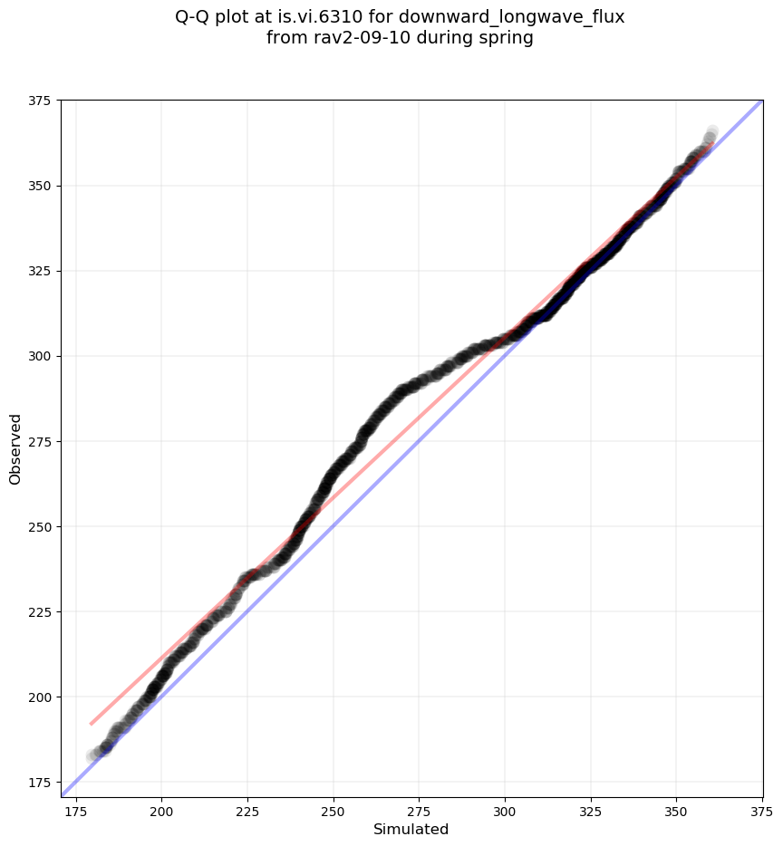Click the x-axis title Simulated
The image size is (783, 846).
click(411, 829)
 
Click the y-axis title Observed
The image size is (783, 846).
click(15, 448)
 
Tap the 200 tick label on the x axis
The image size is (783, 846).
click(161, 809)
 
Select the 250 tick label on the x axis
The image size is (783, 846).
click(333, 809)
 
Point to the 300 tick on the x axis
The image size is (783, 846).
click(505, 809)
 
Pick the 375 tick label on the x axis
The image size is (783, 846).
click(762, 809)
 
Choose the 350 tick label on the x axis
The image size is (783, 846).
click(677, 809)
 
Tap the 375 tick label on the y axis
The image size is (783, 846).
click(39, 101)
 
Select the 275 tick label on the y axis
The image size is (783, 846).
click(39, 441)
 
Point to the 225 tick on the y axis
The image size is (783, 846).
click(39, 611)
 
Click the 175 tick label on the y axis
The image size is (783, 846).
click(39, 782)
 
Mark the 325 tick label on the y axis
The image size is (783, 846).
click(39, 271)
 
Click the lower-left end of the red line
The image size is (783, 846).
click(91, 724)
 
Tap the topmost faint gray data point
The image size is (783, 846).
click(712, 132)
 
